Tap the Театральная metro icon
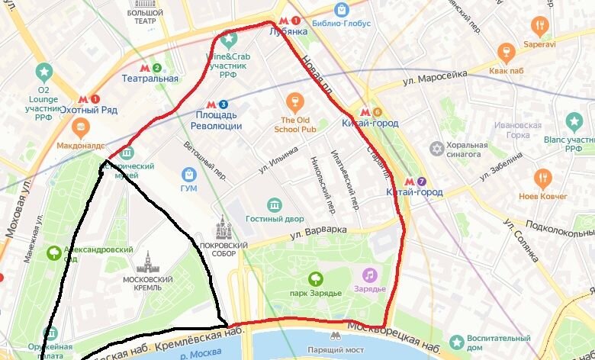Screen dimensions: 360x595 click(156, 67)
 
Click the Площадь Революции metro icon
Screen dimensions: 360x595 click(222, 104)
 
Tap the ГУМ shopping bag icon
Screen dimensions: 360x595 click(188, 175)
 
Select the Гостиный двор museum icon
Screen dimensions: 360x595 click(274, 204)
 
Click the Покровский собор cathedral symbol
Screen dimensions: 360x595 click(224, 227)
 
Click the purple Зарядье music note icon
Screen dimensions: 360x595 click(369, 275)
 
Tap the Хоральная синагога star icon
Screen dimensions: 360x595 click(436, 148)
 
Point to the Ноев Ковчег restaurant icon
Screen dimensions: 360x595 click(542, 178)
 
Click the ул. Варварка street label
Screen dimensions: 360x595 click(318, 230)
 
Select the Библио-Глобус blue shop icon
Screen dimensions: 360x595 click(341, 9)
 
